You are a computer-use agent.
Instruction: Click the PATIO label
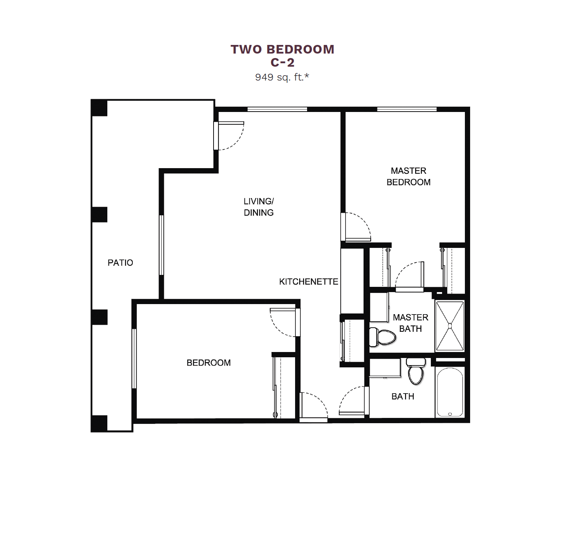(120, 263)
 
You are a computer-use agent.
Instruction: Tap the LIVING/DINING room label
(259, 207)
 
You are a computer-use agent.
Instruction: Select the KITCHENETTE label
(309, 282)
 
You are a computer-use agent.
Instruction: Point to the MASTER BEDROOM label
(408, 176)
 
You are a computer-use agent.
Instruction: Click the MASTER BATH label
(410, 323)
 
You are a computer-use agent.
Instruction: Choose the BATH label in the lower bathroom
(403, 396)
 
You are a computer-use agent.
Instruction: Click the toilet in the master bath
(382, 337)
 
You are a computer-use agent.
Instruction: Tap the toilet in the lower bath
(416, 371)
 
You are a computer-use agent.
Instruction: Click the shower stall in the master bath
(450, 326)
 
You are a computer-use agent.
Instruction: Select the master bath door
(410, 276)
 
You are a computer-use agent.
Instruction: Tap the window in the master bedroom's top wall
(407, 109)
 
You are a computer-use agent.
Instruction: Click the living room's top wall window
(278, 109)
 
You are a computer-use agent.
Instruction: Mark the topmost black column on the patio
(99, 108)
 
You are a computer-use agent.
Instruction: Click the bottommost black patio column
(99, 424)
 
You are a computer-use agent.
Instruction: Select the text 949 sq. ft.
(282, 77)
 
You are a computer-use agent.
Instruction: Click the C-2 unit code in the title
(283, 62)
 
